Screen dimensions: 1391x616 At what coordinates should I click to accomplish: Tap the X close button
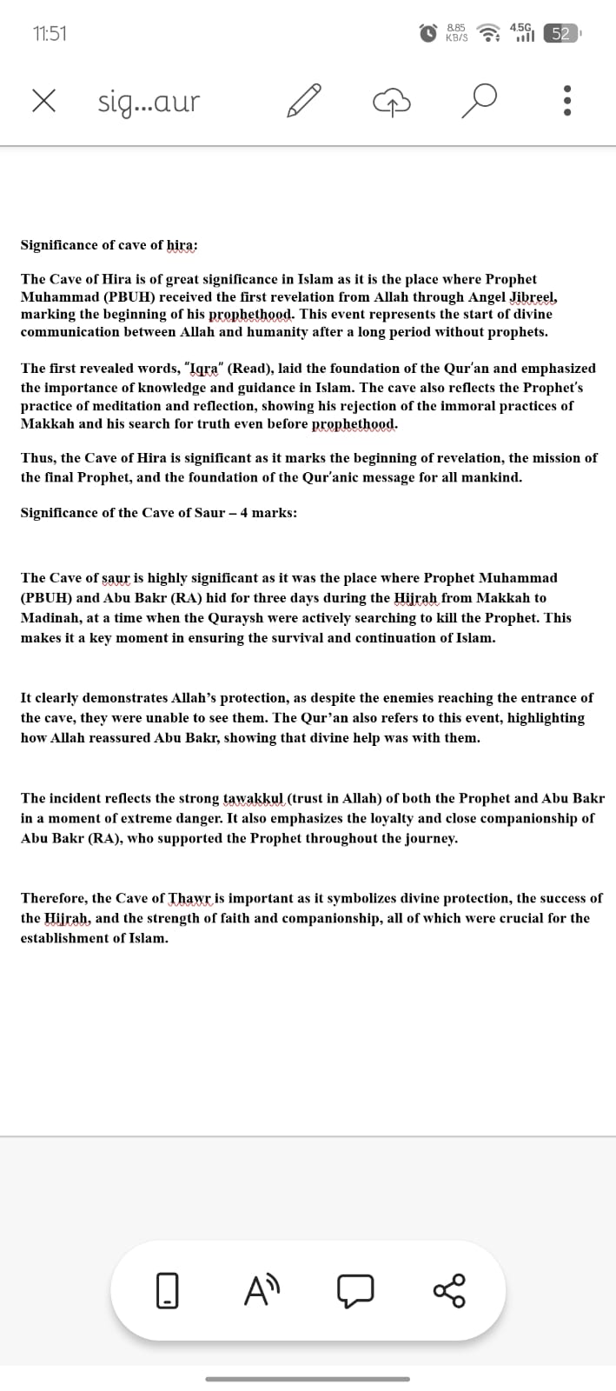44,102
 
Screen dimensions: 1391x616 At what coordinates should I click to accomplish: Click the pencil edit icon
304,102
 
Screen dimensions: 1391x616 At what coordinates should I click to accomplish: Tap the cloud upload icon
391,103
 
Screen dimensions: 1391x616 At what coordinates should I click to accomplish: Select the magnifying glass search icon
480,102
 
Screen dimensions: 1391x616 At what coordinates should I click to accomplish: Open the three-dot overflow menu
567,102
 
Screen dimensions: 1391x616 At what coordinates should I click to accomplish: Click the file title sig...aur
149,103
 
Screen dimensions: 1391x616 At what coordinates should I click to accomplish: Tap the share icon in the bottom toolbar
449,1290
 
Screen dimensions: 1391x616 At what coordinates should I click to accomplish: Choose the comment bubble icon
356,1290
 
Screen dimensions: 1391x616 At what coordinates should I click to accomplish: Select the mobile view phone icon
167,1290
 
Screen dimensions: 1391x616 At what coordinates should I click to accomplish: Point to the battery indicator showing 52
560,34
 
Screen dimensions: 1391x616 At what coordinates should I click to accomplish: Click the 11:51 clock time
50,34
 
